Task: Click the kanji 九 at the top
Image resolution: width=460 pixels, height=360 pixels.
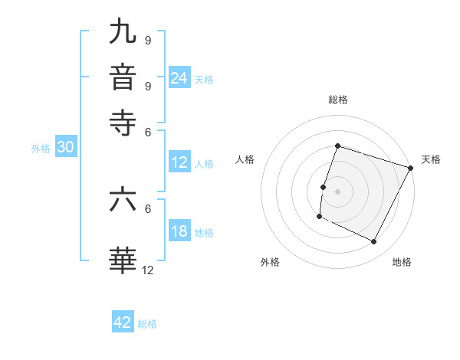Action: coord(123,33)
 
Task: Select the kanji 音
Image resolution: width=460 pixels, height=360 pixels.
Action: coord(123,77)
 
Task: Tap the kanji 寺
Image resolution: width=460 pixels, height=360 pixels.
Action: coord(123,122)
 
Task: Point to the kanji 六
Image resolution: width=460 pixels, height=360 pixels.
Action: coord(123,200)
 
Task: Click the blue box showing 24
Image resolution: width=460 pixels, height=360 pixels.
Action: coord(179,78)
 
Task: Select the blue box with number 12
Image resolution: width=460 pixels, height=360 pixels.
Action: coord(179,162)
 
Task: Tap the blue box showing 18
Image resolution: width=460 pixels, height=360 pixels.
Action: coord(179,231)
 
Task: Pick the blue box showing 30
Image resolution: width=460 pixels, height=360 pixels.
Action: coord(65,148)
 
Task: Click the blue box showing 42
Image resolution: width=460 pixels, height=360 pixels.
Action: coord(123,322)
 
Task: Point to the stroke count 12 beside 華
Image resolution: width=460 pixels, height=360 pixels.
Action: coord(147,269)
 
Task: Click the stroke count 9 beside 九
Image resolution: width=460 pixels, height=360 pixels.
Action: coord(147,40)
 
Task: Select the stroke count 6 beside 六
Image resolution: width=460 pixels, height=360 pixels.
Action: coord(147,208)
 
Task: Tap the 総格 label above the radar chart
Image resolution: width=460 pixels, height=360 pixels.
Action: coord(337,100)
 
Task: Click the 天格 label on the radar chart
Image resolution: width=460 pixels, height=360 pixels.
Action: coord(431,159)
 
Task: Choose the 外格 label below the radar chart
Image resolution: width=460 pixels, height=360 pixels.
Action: coord(270,262)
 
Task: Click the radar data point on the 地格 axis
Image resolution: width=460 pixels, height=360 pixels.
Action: coord(374,242)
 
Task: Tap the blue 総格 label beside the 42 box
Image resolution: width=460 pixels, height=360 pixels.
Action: coord(147,324)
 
